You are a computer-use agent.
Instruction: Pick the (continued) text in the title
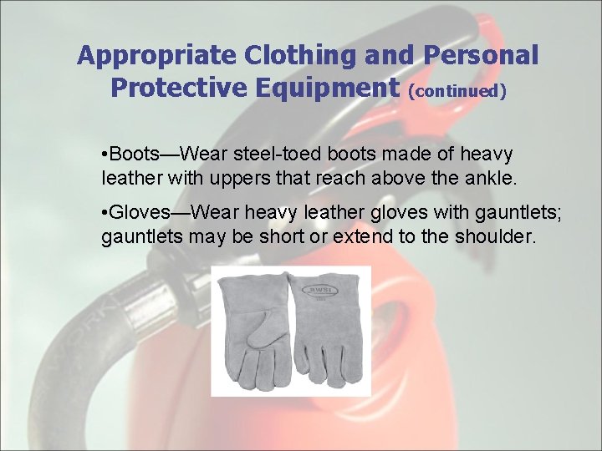457,90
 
